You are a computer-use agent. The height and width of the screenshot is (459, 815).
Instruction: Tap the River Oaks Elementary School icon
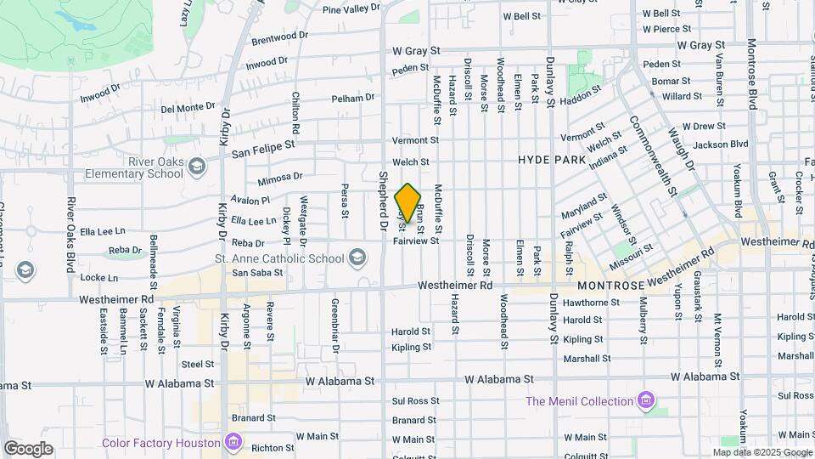(197, 164)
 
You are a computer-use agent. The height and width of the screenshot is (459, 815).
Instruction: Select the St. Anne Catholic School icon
(357, 257)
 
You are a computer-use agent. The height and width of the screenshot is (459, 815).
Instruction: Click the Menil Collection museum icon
(647, 399)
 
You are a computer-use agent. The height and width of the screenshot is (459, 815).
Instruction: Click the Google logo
(28, 449)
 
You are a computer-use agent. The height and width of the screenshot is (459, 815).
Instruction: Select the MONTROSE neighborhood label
(610, 286)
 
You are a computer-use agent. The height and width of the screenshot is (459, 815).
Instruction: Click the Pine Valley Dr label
(351, 8)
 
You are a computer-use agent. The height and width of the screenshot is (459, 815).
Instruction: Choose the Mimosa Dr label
(280, 177)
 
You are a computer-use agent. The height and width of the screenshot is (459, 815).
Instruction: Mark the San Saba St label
(257, 273)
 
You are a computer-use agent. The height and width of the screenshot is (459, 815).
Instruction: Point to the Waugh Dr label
(689, 156)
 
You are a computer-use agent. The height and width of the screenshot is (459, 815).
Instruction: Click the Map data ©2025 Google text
(761, 452)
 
